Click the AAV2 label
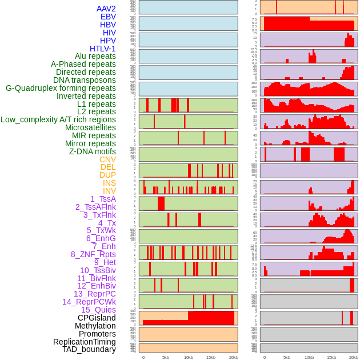pos(106,9)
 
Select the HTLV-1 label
pos(102,49)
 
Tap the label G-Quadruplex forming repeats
pos(61,88)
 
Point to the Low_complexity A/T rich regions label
pos(58,119)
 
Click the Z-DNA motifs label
pos(93,151)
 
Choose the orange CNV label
pos(107,159)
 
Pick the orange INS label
pos(109,183)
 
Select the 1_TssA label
pos(103,199)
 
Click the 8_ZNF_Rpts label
pos(93,254)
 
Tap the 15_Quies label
pos(98,310)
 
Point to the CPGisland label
pos(97,318)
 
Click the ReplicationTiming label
pos(85,342)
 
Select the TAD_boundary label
pos(89,349)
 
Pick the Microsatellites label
pos(90,127)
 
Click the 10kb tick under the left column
pos(188,357)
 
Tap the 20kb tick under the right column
pos(354,357)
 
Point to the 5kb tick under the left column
pos(166,357)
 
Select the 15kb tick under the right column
pos(331,357)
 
